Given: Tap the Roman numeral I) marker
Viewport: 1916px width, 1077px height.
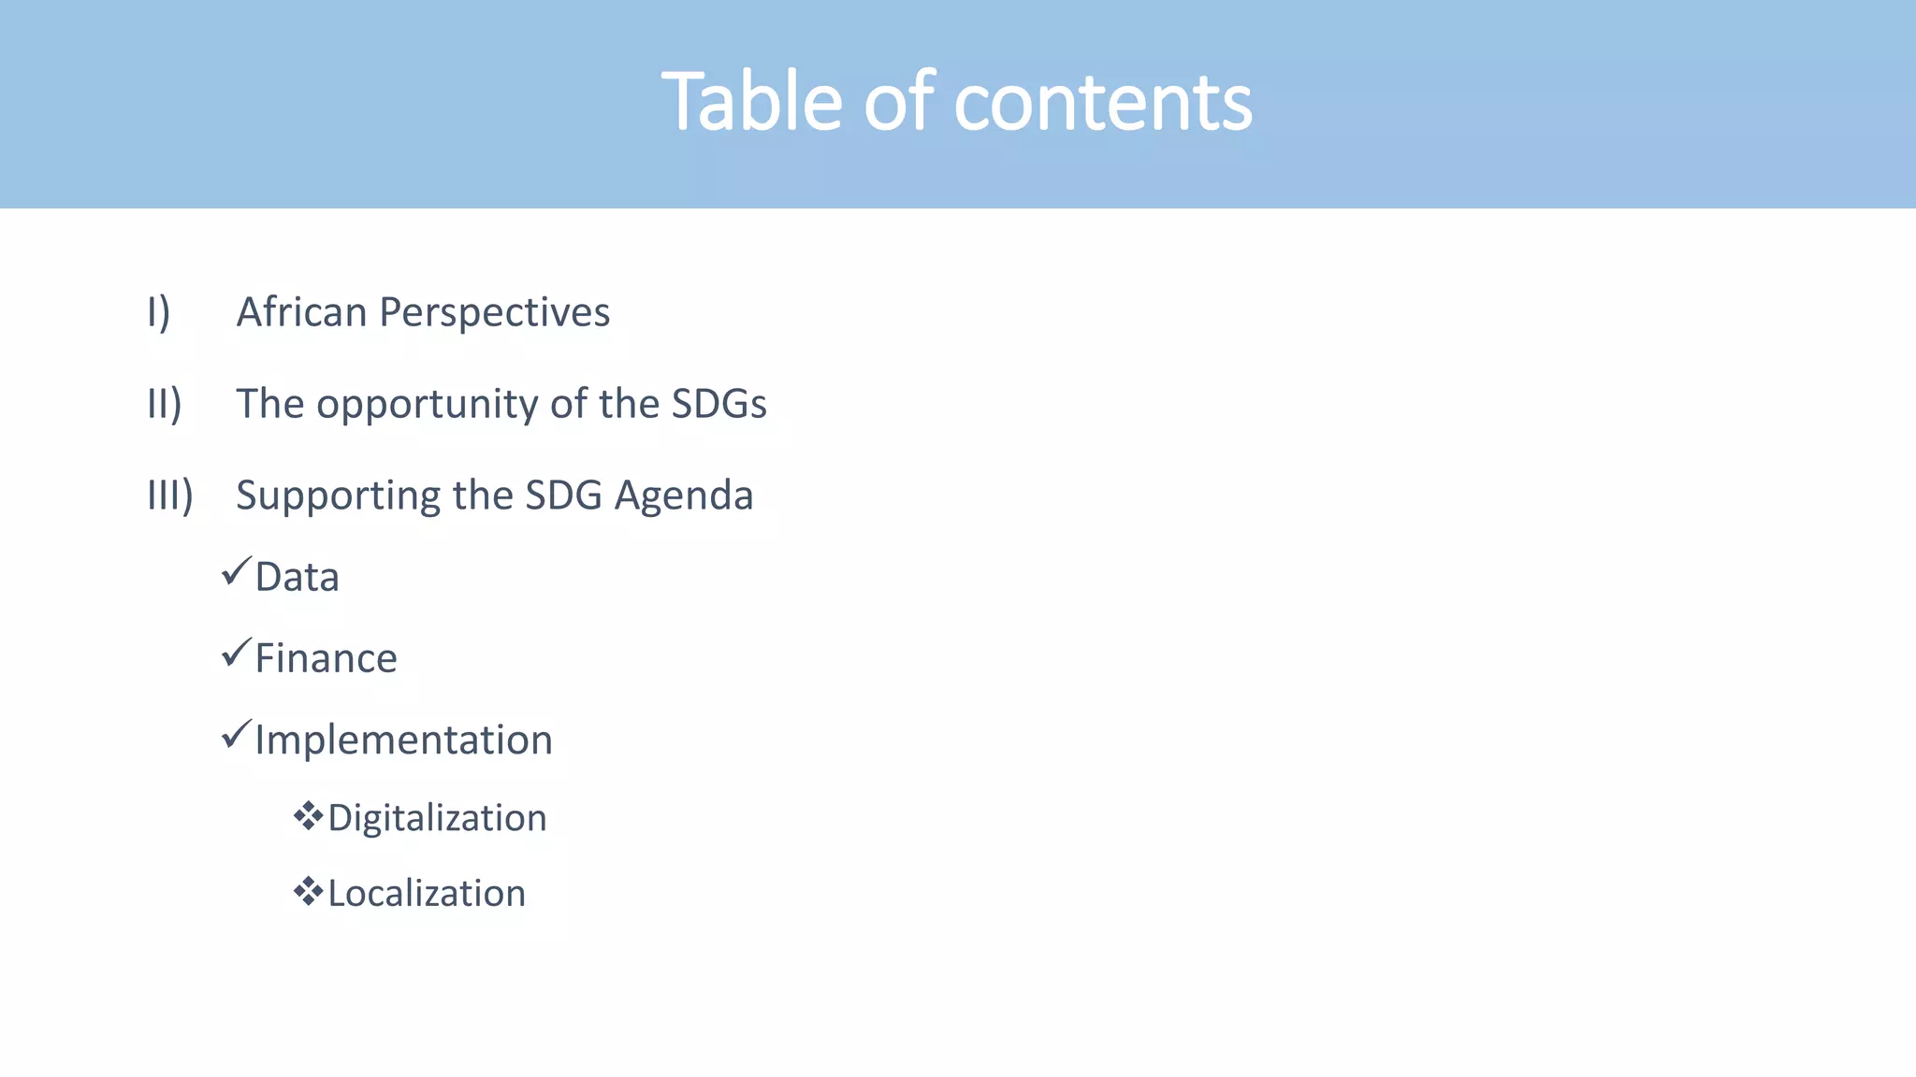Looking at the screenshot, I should click(159, 312).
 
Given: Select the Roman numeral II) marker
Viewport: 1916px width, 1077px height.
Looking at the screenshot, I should click(165, 404).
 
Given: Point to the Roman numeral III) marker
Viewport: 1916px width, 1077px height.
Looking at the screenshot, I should click(170, 495).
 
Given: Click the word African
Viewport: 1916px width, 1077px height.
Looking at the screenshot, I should click(301, 312).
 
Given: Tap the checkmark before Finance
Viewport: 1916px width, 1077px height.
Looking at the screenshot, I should click(237, 652).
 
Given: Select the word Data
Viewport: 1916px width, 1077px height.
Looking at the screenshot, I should click(297, 577).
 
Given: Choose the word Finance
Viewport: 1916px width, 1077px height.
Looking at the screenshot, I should click(326, 658).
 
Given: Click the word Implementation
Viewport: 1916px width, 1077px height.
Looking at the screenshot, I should click(403, 740).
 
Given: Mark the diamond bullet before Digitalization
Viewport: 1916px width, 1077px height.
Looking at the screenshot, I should click(308, 816).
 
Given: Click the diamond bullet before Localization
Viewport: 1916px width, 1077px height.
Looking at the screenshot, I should click(308, 892).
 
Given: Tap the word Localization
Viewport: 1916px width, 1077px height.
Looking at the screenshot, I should click(427, 894).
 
